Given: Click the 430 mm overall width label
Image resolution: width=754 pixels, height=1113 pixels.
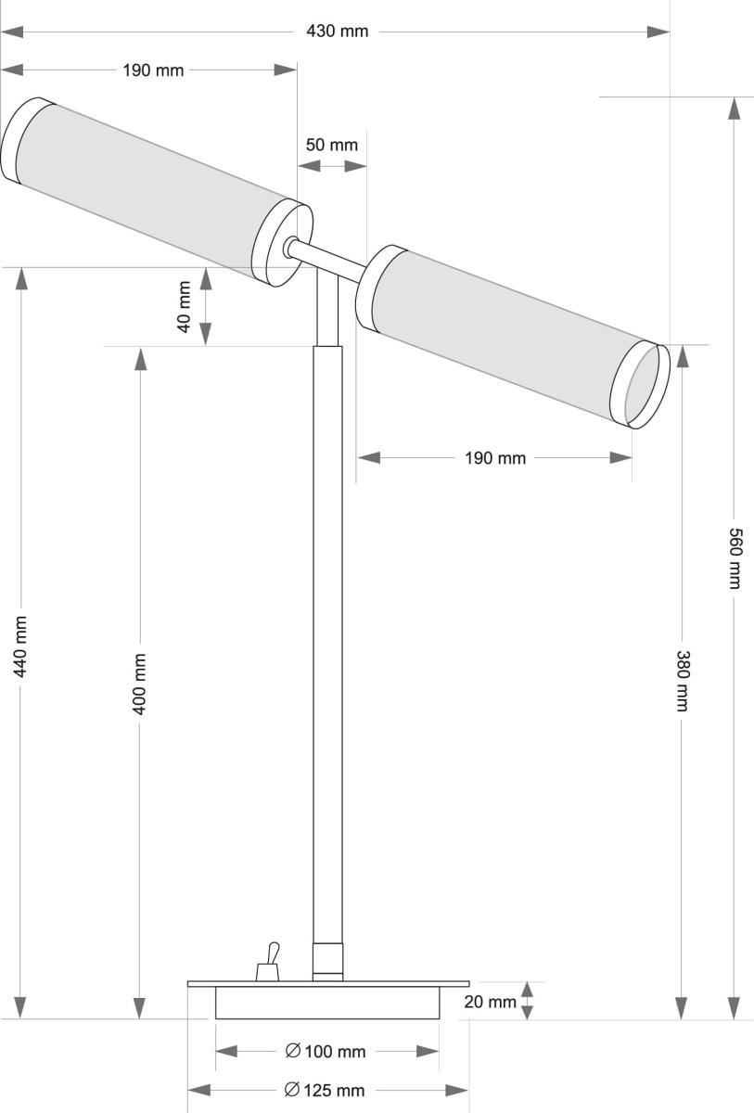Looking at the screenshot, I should click(x=338, y=32).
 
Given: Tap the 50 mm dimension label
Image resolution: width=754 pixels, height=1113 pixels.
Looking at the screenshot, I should click(x=331, y=145).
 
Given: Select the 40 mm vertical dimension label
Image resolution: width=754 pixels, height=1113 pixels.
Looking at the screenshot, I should click(x=185, y=307).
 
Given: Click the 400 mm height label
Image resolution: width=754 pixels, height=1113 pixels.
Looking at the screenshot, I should click(x=140, y=684).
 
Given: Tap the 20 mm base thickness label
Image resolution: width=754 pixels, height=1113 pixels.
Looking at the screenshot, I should click(x=490, y=1002).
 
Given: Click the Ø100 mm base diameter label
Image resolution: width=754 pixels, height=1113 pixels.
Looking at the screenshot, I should click(x=326, y=1051).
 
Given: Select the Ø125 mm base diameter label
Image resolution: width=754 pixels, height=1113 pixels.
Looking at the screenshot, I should click(x=326, y=1090).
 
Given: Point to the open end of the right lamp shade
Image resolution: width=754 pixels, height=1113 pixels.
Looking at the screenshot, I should click(x=643, y=386).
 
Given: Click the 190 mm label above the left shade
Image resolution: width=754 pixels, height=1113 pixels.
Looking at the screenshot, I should click(x=153, y=70).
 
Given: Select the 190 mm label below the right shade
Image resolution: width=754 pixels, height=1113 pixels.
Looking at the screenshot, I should click(x=495, y=458).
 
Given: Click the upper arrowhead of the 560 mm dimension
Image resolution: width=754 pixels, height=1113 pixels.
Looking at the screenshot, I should click(x=734, y=108).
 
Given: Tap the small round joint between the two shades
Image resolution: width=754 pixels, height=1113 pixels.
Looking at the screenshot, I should click(x=291, y=247).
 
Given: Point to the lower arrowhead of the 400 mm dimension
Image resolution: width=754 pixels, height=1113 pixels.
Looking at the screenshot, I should click(x=140, y=1007).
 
